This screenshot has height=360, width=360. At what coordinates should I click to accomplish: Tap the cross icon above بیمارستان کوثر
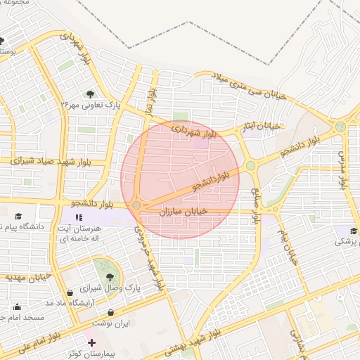92,342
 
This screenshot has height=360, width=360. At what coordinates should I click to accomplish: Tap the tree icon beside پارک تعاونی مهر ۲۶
91,94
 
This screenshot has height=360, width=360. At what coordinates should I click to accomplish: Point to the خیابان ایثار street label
262,126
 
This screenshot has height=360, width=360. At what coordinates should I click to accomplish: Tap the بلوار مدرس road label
343,169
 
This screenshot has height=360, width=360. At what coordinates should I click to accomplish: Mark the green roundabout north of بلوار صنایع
251,166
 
